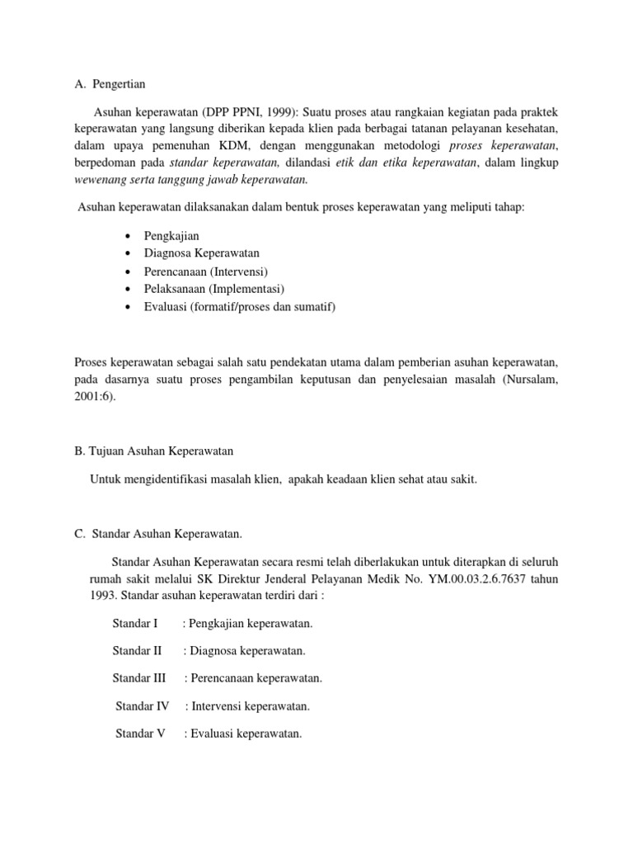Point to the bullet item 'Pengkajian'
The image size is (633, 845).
(x=171, y=236)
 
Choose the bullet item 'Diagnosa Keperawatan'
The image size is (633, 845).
(x=201, y=253)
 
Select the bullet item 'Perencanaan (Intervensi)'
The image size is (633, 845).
(x=206, y=271)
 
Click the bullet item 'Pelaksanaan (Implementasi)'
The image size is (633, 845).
(x=213, y=289)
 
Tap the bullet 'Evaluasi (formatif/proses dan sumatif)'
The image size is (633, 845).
(x=240, y=307)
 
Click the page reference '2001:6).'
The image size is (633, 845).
(x=96, y=396)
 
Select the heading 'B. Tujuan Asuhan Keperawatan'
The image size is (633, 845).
(x=154, y=451)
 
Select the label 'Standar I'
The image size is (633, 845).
(x=135, y=624)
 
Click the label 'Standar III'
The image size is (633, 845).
(x=139, y=678)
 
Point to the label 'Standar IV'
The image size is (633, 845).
(x=143, y=706)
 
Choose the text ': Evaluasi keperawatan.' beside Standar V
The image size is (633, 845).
(x=243, y=734)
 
